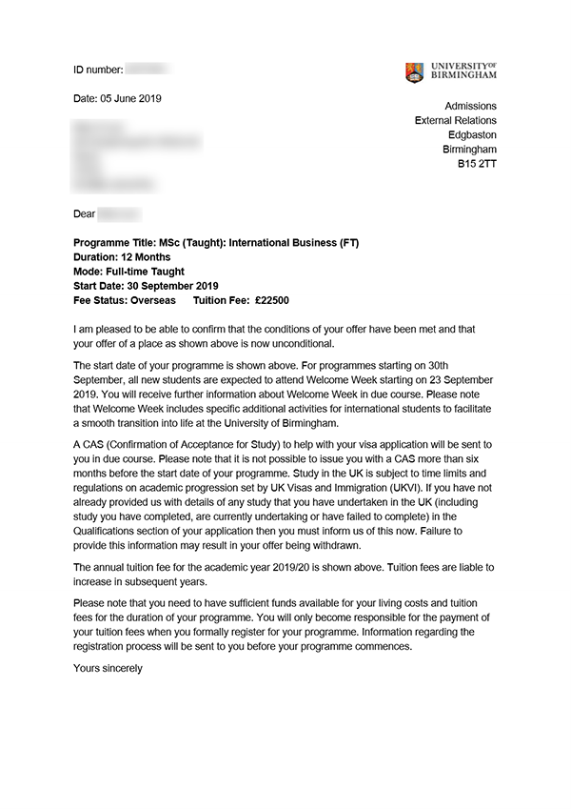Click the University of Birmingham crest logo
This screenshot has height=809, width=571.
[414, 72]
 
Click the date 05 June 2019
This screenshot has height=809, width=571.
[131, 99]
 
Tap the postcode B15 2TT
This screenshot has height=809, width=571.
[477, 164]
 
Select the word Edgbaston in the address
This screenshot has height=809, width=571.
[472, 135]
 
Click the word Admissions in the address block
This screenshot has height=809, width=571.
[470, 106]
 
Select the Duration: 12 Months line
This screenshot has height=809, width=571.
[122, 257]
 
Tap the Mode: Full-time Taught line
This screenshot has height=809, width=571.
[128, 272]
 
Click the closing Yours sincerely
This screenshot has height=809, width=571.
[108, 668]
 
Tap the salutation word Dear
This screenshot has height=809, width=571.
[85, 214]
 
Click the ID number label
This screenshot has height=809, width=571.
[98, 71]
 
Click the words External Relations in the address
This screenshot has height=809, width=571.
[456, 121]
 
